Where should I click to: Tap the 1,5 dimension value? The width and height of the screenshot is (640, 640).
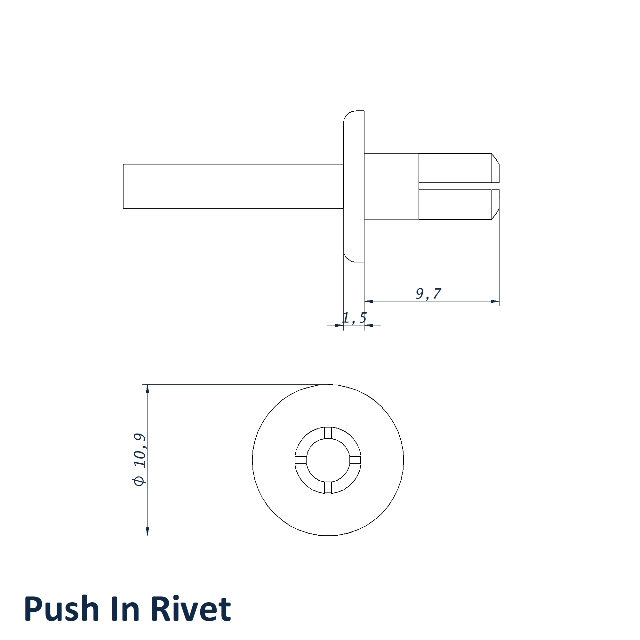[354, 318]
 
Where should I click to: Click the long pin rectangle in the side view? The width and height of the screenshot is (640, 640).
[233, 186]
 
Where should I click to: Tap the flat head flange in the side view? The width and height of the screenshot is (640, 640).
[354, 186]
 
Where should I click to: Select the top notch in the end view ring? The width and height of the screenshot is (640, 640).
[328, 433]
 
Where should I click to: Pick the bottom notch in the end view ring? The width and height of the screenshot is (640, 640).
[328, 488]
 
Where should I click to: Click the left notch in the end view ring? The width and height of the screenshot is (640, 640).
[300, 460]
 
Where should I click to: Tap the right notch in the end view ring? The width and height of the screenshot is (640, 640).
[356, 460]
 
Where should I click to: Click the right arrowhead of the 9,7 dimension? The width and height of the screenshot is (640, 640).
[495, 301]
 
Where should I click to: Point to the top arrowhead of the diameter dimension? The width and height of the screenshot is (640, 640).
[148, 388]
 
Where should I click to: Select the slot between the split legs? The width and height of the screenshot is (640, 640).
[459, 186]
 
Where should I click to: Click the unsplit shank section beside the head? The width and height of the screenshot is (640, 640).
[392, 186]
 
